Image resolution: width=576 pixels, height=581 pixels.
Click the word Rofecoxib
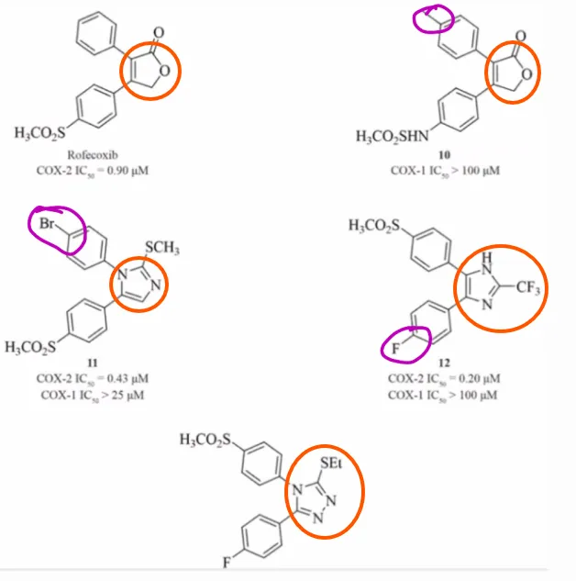pyautogui.click(x=93, y=154)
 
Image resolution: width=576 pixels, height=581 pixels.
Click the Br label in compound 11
pyautogui.click(x=47, y=223)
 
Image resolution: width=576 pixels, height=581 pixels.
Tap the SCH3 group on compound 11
pyautogui.click(x=162, y=247)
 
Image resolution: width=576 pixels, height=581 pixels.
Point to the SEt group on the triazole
pyautogui.click(x=331, y=463)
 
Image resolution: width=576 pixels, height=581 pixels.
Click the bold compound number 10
pyautogui.click(x=445, y=154)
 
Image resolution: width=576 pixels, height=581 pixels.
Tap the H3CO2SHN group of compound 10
pyautogui.click(x=393, y=137)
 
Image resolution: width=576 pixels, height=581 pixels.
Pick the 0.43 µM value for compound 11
pyautogui.click(x=127, y=378)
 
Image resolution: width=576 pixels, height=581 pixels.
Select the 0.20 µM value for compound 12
pyautogui.click(x=479, y=378)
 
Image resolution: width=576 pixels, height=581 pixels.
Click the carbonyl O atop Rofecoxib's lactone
pyautogui.click(x=159, y=33)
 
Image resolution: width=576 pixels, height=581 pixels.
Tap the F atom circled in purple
pyautogui.click(x=395, y=348)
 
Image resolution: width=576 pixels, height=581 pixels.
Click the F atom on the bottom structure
pyautogui.click(x=227, y=563)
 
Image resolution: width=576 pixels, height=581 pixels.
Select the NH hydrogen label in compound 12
pyautogui.click(x=487, y=257)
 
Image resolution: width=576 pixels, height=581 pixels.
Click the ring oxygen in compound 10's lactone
pyautogui.click(x=526, y=74)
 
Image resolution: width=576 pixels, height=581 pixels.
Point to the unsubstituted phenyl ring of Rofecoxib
pyautogui.click(x=96, y=34)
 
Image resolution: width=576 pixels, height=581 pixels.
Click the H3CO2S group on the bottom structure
pyautogui.click(x=205, y=440)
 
